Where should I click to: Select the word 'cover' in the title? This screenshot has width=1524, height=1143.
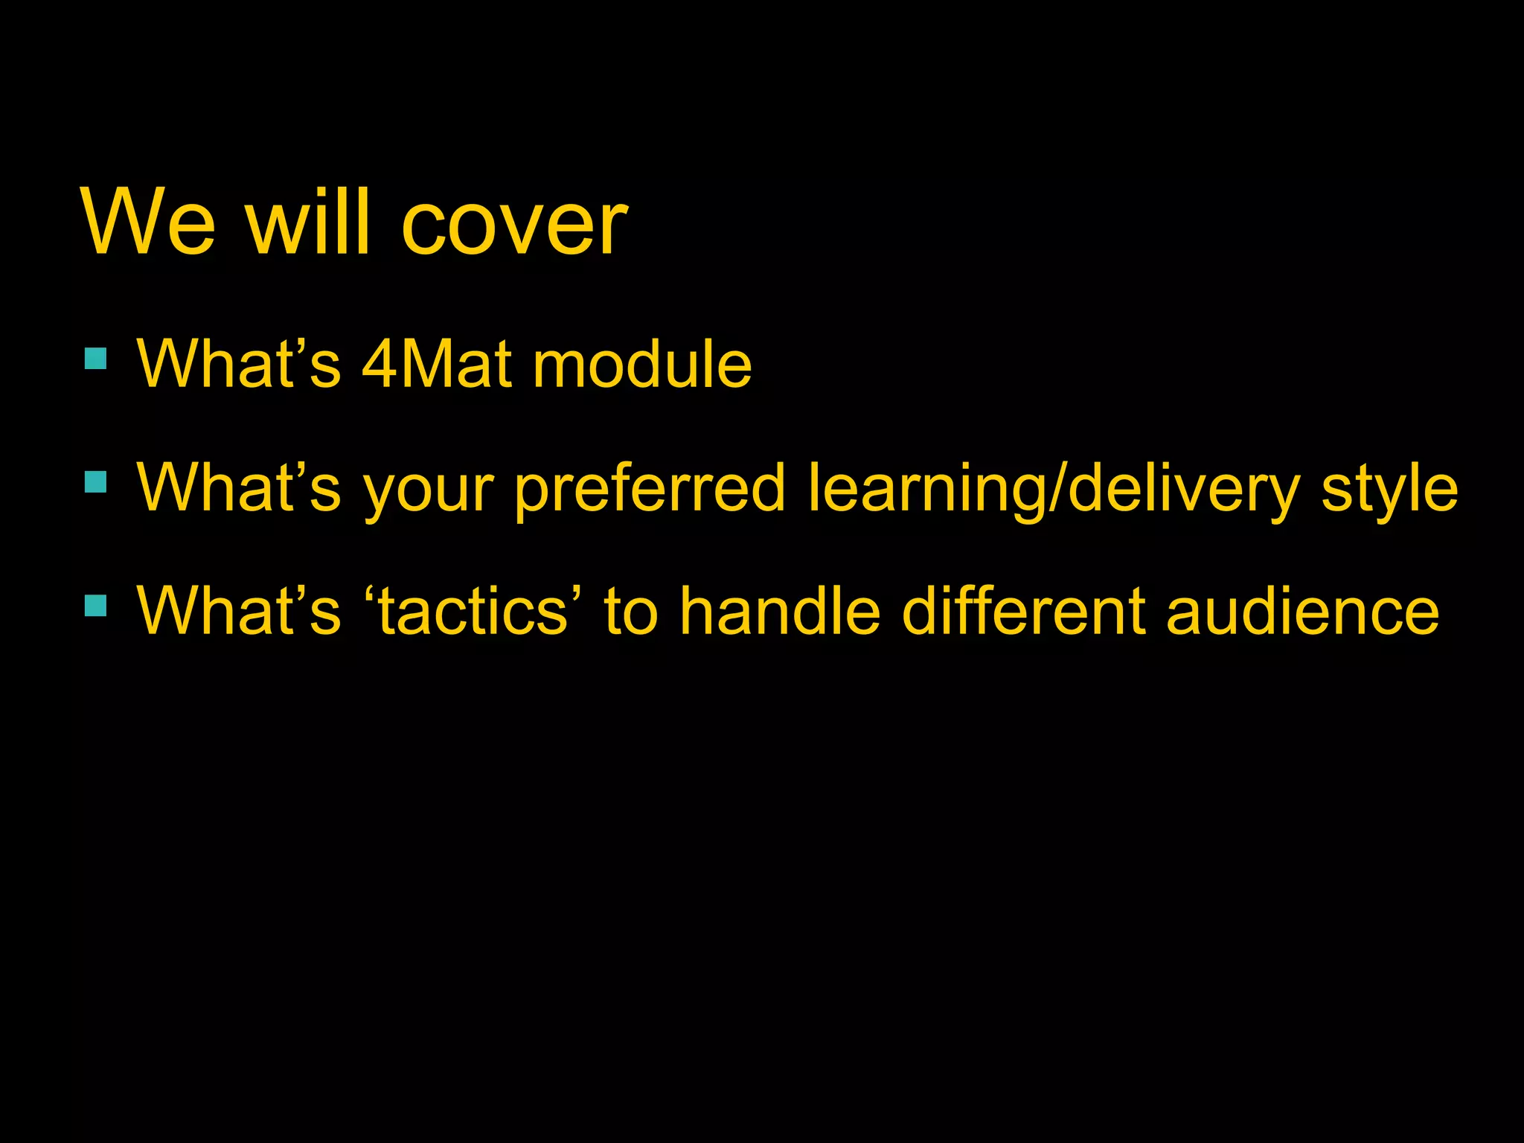coord(514,223)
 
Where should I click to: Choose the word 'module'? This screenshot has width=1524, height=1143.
coord(642,365)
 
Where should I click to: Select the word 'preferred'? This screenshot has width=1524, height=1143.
coord(650,489)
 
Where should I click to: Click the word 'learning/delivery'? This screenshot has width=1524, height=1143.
coord(1054,489)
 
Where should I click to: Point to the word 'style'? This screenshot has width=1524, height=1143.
coord(1389,489)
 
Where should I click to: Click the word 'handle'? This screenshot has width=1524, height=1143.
coord(780,610)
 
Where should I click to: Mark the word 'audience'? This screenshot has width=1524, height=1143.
coord(1302,610)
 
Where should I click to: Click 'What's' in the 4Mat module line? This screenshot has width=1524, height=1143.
coord(239,365)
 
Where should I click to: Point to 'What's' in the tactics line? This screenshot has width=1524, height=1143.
coord(239,610)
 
